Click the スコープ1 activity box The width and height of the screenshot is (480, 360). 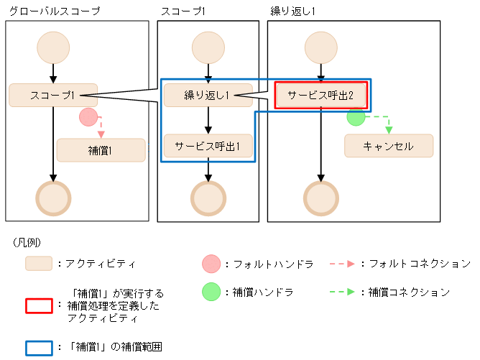[53, 95]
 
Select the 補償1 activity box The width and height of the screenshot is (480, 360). [101, 150]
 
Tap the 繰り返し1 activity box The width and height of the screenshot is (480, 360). [208, 95]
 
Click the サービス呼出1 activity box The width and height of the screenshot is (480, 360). [208, 146]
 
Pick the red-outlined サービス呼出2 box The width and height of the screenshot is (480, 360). [317, 94]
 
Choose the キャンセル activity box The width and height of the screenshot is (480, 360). [389, 146]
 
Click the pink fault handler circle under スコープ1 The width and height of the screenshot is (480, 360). [88, 117]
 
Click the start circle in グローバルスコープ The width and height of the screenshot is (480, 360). [53, 47]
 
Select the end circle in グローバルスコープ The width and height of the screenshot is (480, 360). [53, 196]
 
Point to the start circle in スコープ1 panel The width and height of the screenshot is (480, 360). [208, 47]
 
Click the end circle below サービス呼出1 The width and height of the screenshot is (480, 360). [208, 196]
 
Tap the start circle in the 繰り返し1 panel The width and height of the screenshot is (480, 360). [321, 47]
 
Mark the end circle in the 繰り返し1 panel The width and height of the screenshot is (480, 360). [321, 196]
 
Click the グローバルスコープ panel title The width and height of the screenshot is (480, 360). [54, 11]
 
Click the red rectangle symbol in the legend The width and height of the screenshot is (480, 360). [39, 305]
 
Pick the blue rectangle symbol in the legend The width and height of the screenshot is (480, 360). [39, 346]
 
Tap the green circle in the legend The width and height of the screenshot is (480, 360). [212, 292]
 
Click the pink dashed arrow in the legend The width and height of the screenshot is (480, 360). [342, 264]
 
